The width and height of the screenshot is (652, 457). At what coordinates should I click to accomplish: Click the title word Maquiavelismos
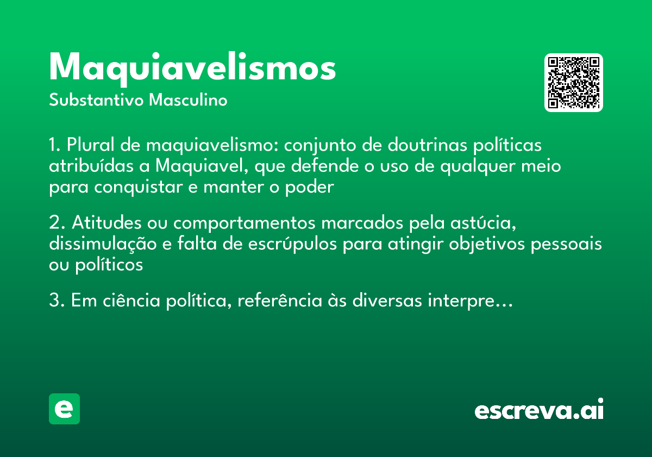(x=192, y=68)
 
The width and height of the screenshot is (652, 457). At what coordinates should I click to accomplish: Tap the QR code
(x=574, y=83)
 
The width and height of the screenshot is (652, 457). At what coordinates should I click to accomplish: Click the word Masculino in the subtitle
(x=188, y=101)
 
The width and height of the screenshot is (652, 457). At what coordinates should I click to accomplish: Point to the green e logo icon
(x=64, y=409)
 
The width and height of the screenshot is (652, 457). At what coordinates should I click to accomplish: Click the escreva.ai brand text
(x=539, y=410)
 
